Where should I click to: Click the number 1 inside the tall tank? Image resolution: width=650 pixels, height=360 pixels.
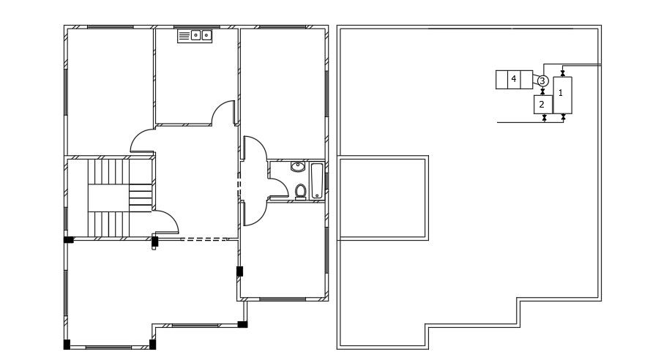coord(561,93)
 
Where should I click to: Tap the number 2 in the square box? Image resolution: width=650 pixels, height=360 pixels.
coord(542,105)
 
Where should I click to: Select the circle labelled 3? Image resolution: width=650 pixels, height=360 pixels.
coord(542,80)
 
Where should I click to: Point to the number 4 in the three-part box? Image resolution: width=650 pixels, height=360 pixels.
coord(514,78)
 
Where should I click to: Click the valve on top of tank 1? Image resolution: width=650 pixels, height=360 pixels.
coord(563,73)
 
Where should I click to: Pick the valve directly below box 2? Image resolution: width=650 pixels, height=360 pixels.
coord(545,119)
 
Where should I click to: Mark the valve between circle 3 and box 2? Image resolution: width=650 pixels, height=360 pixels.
coord(542,91)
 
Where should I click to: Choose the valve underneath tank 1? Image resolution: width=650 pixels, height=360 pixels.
coord(563,118)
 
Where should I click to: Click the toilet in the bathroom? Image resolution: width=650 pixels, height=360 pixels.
coord(301,192)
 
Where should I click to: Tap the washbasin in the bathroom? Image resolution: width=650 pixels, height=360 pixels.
coord(298,167)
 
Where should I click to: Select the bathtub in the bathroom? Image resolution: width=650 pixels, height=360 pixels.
coord(317,181)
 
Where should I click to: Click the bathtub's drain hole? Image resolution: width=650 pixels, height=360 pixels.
coord(317,195)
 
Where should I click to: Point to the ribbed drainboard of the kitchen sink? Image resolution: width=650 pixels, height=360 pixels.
coord(184,36)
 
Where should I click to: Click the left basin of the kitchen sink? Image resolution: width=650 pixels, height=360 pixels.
coord(195,36)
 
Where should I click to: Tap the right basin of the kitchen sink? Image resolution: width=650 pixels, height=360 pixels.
coord(206,36)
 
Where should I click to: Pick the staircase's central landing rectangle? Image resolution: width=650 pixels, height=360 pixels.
coord(108,198)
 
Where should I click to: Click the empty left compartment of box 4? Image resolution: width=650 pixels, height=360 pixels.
coord(501,80)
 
